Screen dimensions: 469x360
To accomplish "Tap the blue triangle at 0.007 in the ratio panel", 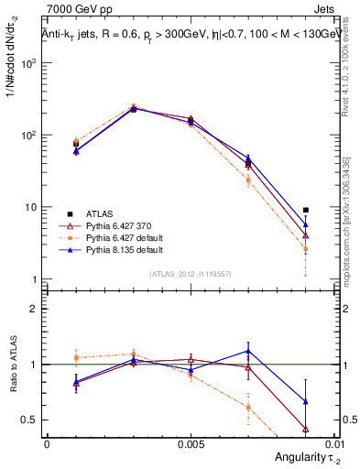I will [248, 351].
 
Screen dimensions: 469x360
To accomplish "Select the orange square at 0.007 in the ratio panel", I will [248, 408].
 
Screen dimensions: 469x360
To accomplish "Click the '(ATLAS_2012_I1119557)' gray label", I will [190, 274].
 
